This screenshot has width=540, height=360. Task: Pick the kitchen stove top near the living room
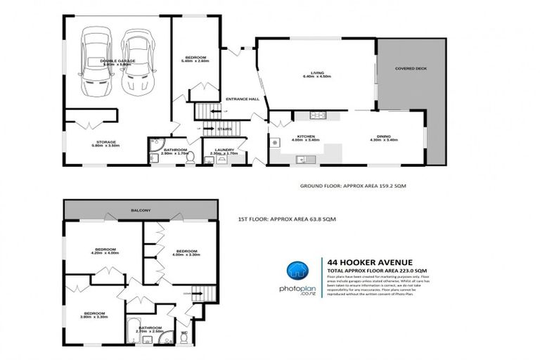[x=315, y=115]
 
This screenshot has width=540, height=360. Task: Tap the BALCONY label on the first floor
[x=140, y=210]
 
